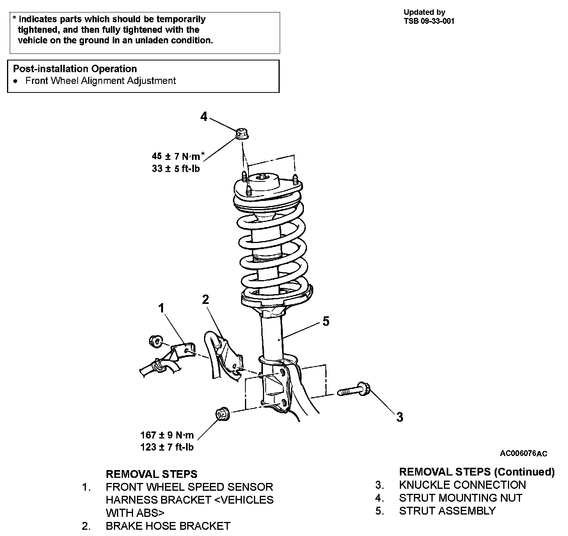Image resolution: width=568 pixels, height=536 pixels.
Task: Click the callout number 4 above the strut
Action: [x=204, y=116]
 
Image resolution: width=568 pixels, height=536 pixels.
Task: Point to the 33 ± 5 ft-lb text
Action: [x=176, y=169]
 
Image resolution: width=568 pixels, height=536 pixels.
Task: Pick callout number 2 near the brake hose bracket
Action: [x=205, y=299]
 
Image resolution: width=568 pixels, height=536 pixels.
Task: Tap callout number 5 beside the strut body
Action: [x=326, y=321]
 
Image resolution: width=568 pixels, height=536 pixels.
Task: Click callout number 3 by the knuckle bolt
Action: [x=399, y=417]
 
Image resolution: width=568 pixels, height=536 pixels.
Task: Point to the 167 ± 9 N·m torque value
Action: [x=167, y=435]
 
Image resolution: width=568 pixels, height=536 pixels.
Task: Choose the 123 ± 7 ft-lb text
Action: [x=167, y=447]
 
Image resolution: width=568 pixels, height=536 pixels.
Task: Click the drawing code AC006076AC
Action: [x=524, y=453]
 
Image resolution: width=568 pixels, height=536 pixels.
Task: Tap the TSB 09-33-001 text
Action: [x=429, y=21]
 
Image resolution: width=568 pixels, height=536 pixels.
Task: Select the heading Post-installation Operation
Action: [x=75, y=69]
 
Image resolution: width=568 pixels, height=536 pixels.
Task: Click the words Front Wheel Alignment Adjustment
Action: [x=101, y=81]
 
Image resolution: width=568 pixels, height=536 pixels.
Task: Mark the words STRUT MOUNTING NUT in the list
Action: [x=460, y=498]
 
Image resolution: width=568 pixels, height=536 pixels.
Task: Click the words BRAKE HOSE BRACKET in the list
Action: [x=168, y=526]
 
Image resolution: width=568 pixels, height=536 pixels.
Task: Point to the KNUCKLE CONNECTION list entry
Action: [x=462, y=485]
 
